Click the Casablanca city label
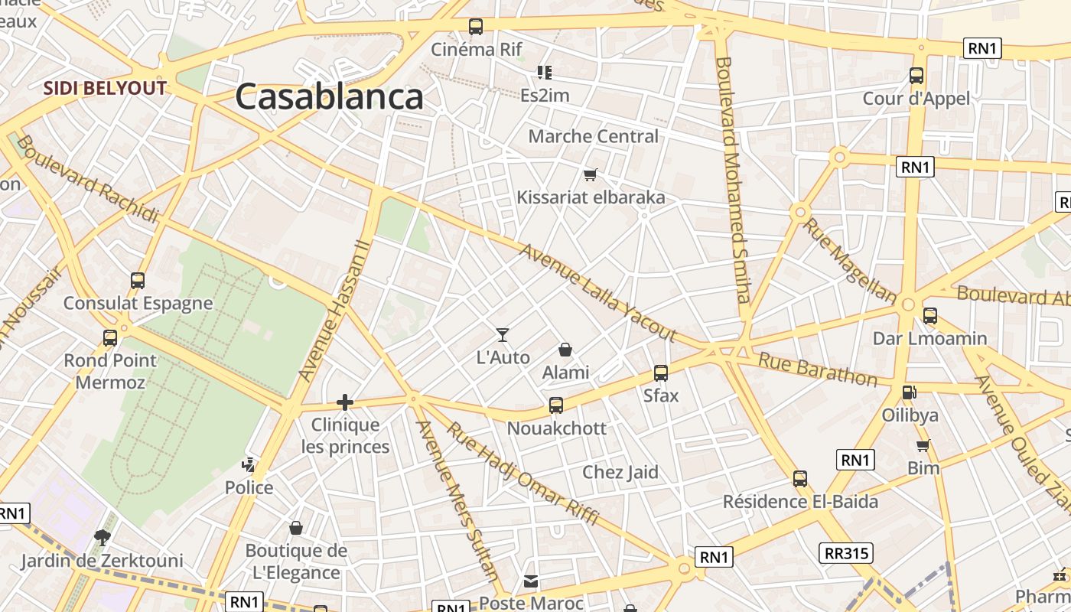click(x=329, y=97)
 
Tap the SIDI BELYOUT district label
click(x=105, y=88)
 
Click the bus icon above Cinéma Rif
click(x=476, y=27)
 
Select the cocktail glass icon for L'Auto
click(x=503, y=334)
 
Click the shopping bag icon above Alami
click(x=565, y=350)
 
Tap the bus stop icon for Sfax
click(x=661, y=373)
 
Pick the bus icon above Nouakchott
click(x=556, y=405)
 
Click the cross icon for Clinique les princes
click(x=345, y=402)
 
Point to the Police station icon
click(x=249, y=464)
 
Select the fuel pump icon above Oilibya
click(x=910, y=392)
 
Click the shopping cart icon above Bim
click(x=923, y=445)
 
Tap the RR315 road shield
click(x=848, y=552)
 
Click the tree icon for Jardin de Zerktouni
click(x=102, y=537)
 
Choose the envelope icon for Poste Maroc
click(x=531, y=581)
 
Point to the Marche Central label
click(x=593, y=136)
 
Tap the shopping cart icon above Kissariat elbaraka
click(x=590, y=175)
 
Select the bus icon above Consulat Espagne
click(x=138, y=281)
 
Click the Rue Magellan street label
click(x=849, y=261)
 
